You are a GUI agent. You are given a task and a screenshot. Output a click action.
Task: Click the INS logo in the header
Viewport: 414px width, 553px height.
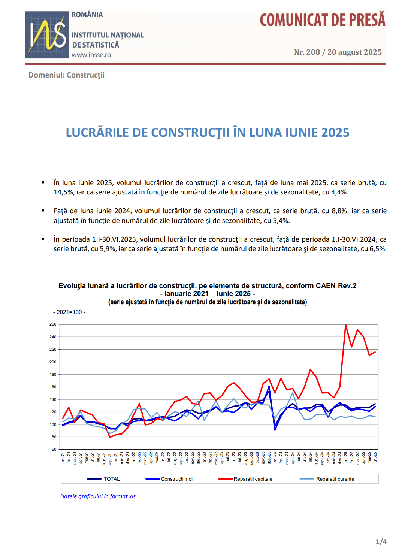[x=47, y=35]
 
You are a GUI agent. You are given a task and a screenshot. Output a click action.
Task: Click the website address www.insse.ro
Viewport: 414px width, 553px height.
[x=91, y=55]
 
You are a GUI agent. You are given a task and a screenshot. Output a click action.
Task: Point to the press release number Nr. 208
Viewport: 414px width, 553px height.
[x=307, y=52]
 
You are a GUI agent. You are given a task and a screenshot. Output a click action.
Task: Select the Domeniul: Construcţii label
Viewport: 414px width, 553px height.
[x=66, y=75]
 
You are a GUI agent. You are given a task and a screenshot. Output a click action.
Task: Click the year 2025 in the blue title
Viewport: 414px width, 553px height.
[x=335, y=133]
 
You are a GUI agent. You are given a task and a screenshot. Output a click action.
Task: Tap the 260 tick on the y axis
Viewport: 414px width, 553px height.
[x=53, y=324]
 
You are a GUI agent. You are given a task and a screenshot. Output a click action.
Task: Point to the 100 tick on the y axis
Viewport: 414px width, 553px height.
[x=53, y=424]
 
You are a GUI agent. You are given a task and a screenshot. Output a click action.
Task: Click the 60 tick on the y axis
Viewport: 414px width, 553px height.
[x=54, y=450]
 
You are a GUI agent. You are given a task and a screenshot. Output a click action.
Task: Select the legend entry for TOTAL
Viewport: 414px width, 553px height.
[x=103, y=479]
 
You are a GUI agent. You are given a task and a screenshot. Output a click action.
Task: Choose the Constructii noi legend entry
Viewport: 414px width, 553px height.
[x=169, y=479]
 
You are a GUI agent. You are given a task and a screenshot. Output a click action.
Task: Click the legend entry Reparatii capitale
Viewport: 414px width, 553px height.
[x=245, y=479]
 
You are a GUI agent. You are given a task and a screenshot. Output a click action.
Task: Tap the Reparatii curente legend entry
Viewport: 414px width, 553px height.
[x=327, y=479]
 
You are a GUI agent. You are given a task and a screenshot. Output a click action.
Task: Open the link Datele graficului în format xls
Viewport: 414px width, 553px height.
[x=98, y=496]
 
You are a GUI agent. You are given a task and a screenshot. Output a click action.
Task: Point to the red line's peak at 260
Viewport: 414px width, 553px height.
[x=346, y=325]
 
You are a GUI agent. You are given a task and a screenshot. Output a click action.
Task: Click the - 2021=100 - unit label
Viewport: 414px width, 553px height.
[x=69, y=312]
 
